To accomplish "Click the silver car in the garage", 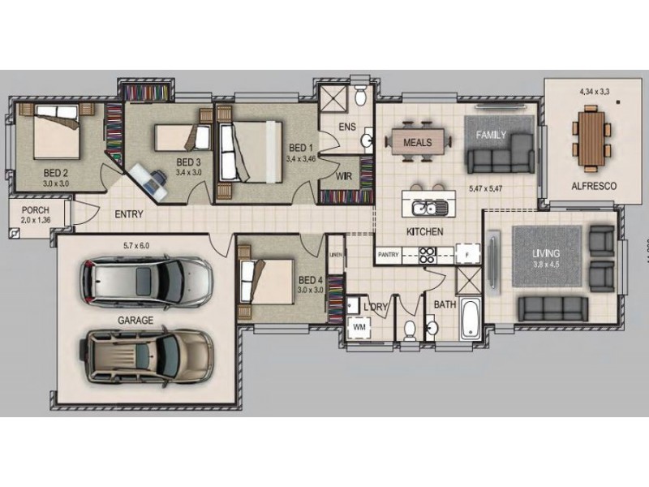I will pos(145,281).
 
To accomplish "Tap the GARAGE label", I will pos(135,321).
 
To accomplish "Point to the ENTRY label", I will pos(129,215).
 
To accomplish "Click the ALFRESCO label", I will pos(593,186).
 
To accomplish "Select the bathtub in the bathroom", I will pos(470,319).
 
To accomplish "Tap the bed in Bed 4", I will pos(269,281).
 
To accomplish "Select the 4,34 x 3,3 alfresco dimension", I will pos(594,91).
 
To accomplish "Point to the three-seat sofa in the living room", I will pos(552,308).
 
